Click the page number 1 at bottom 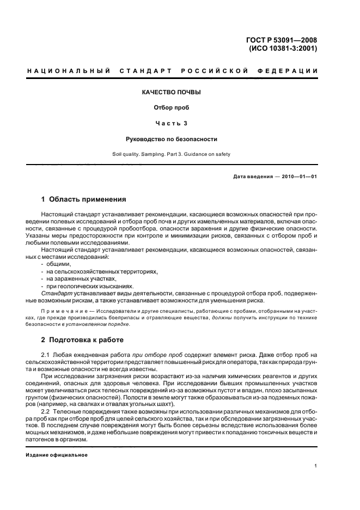click(x=316, y=466)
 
